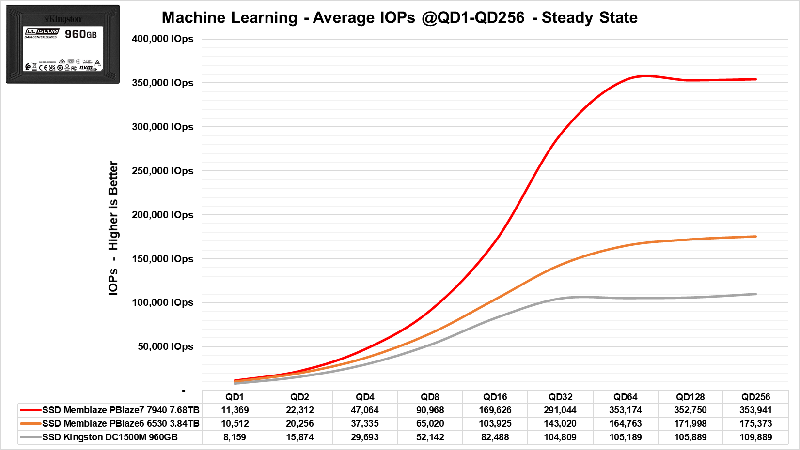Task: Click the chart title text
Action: point(399,18)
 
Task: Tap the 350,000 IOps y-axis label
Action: point(162,83)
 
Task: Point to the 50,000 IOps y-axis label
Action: point(165,346)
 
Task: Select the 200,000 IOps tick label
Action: point(162,215)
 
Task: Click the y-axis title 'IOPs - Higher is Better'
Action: point(113,228)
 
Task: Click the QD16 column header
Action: point(495,397)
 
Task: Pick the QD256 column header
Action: point(755,397)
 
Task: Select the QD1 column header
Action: point(235,397)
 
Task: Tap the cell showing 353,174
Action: point(625,410)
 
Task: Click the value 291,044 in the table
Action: point(560,410)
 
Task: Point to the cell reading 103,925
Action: point(495,424)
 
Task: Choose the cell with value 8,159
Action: point(235,437)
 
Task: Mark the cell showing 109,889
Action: point(755,437)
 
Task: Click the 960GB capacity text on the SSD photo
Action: point(80,34)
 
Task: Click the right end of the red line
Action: point(755,79)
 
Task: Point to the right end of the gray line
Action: point(755,294)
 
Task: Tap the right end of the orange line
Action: point(755,237)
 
